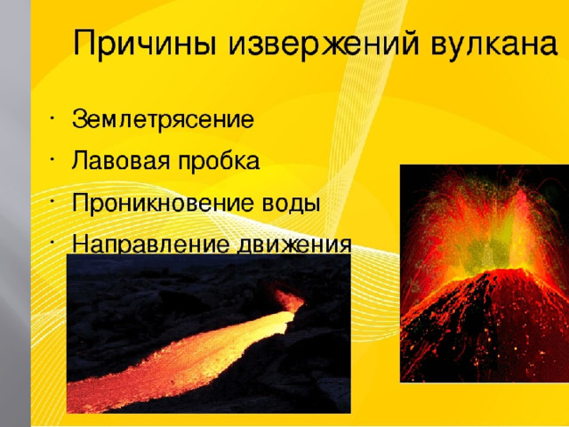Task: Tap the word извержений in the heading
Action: click(322, 44)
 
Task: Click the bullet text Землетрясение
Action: click(163, 119)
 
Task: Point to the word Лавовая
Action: click(121, 160)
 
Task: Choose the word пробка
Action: click(219, 160)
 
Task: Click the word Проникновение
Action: click(163, 203)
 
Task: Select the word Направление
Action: click(150, 244)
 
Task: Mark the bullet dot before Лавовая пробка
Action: click(52, 159)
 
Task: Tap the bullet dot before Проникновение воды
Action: click(52, 201)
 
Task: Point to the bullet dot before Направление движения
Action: click(52, 242)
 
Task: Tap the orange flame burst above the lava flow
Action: click(289, 300)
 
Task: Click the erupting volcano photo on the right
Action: click(485, 273)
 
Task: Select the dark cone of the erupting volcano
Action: click(486, 326)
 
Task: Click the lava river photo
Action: click(209, 334)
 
